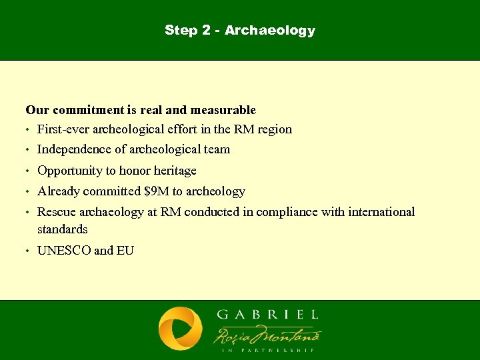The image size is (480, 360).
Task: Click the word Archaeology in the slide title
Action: [270, 31]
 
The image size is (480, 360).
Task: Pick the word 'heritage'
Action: [175, 171]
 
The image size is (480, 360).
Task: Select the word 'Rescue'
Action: [56, 212]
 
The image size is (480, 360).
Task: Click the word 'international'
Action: [378, 212]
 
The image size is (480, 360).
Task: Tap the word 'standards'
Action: [63, 229]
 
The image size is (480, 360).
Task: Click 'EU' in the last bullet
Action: [125, 251]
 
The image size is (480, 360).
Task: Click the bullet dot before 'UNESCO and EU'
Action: [27, 251]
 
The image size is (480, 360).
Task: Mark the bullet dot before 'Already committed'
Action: [27, 192]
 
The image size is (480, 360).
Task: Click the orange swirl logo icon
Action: [181, 329]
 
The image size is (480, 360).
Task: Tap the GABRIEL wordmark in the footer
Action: [267, 314]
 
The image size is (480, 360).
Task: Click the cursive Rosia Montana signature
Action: [267, 333]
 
